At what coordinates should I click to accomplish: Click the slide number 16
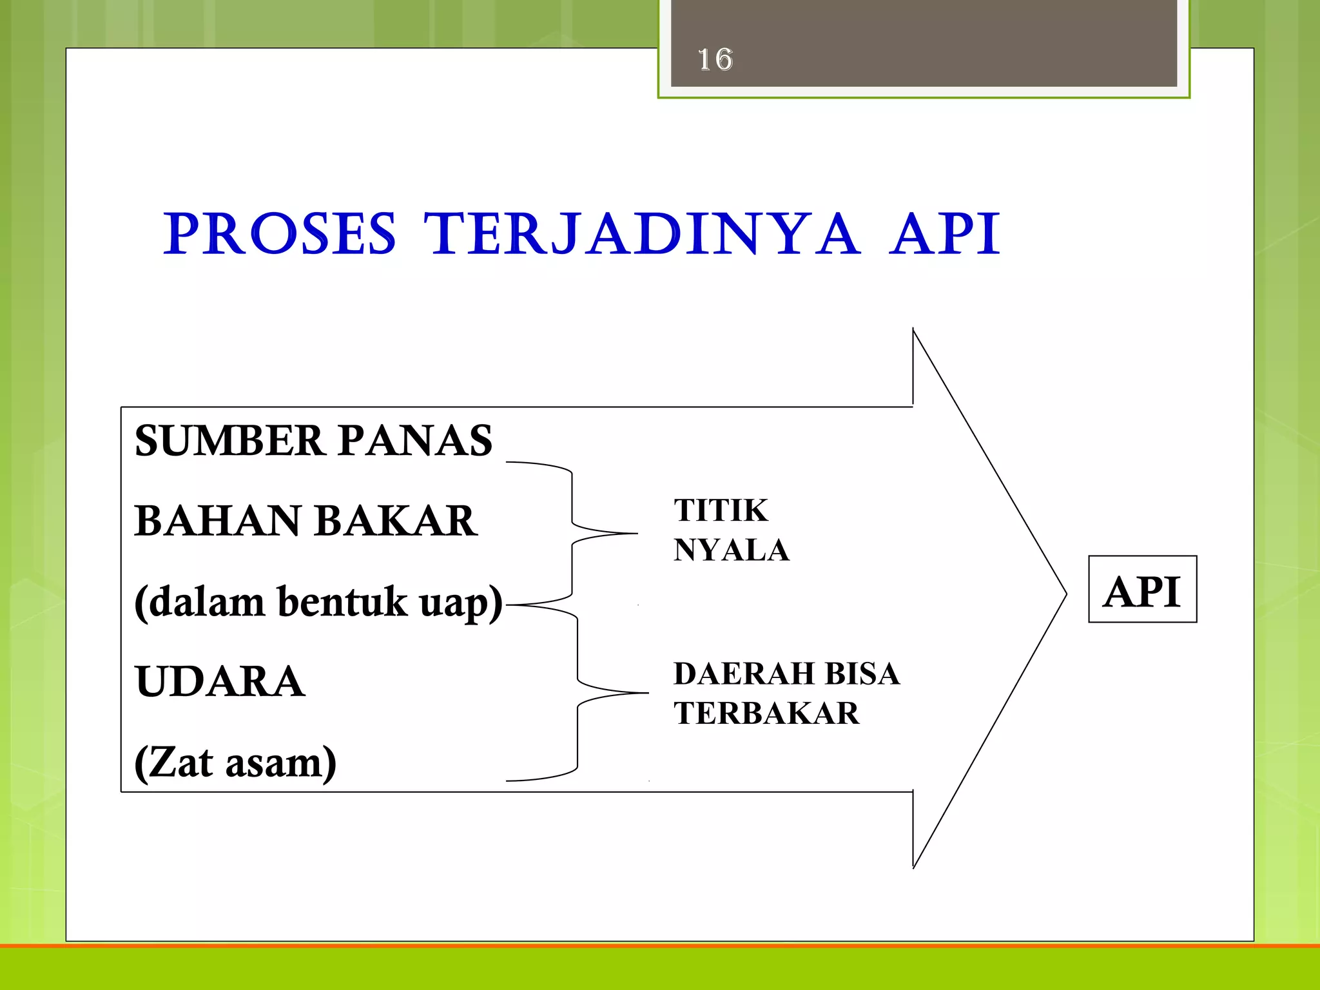(715, 60)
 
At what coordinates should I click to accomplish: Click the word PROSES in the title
(280, 234)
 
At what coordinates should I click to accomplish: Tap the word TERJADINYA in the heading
(641, 234)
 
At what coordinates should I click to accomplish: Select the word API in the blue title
(945, 234)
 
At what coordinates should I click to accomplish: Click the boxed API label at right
(1142, 591)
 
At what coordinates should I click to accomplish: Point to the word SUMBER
(229, 442)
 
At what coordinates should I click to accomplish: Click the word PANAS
(415, 442)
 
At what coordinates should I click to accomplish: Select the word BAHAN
(218, 521)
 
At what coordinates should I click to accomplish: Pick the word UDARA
(220, 682)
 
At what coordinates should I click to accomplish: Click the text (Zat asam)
(235, 763)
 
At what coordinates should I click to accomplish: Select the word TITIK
(721, 510)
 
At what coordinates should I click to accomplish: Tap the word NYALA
(731, 550)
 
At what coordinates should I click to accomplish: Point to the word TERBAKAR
(766, 714)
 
